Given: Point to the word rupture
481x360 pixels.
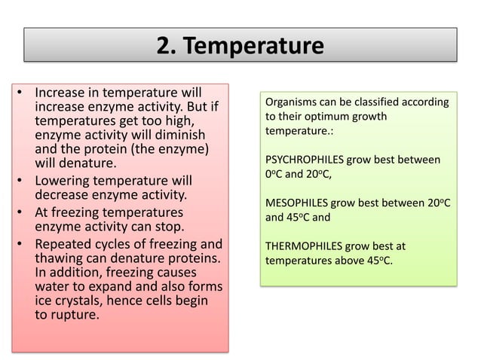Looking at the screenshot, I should click(x=73, y=316).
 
